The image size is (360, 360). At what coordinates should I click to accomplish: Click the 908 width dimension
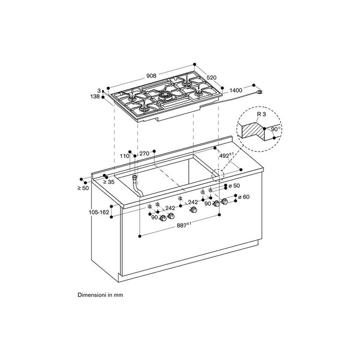(151, 76)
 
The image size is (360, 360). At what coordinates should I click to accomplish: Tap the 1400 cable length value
(236, 90)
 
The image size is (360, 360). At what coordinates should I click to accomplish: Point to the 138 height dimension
(96, 97)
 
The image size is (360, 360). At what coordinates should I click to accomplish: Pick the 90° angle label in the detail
(275, 129)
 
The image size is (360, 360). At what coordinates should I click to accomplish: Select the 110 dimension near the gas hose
(125, 156)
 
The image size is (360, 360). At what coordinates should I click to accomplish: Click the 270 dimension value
(144, 153)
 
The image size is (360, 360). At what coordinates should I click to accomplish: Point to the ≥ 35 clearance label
(109, 182)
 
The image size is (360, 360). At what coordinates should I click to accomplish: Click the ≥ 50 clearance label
(83, 188)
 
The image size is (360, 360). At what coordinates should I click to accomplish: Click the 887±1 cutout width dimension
(184, 225)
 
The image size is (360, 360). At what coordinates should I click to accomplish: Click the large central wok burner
(166, 96)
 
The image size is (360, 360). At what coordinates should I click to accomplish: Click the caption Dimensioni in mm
(100, 295)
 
